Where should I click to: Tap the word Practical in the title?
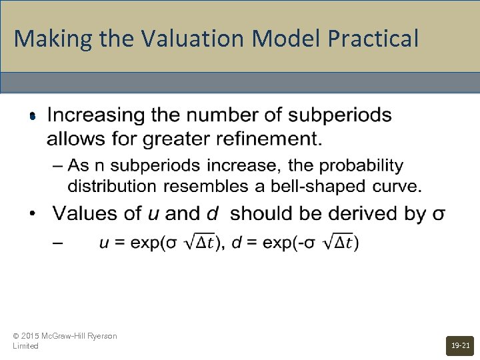[373, 38]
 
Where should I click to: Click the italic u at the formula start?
[103, 243]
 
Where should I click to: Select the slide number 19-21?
[460, 345]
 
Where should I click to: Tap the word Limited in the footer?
[25, 346]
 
